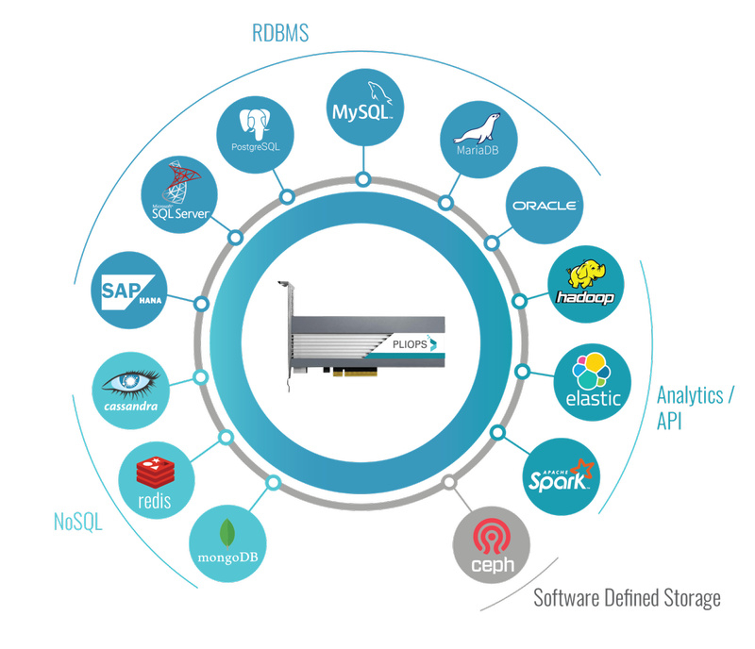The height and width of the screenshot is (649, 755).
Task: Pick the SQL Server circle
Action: tap(186, 199)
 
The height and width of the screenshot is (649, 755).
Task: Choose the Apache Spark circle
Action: tap(562, 475)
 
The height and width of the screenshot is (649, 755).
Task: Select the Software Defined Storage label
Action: tap(627, 598)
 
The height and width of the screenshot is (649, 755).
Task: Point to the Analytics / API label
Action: tap(695, 408)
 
